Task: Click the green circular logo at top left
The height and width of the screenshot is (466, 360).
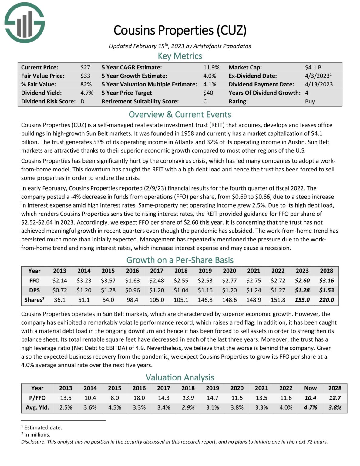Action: coord(24,22)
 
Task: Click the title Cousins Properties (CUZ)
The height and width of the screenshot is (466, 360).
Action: coord(180,30)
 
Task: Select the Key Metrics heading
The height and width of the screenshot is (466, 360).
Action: coord(180,56)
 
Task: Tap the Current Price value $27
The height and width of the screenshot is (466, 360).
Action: coord(85,67)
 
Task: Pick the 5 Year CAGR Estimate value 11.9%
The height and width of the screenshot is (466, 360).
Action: coord(211,67)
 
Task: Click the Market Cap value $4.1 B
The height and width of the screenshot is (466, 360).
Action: coord(313,67)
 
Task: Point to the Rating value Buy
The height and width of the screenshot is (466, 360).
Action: coord(310,101)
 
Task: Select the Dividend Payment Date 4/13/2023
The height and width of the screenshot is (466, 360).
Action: coord(319,84)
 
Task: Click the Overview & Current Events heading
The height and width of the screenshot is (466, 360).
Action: coord(180,115)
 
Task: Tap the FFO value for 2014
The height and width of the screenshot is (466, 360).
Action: coord(84,281)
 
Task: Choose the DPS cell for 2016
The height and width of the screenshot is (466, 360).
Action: coord(132,290)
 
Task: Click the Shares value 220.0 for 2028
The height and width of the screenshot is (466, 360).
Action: coord(326,300)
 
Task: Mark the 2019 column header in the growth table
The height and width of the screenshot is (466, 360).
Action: coord(205,271)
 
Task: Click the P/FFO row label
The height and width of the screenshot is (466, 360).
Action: coord(37,398)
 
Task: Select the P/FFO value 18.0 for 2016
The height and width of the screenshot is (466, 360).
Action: coord(139,398)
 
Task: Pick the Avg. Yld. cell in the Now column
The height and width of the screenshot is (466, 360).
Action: coord(310,407)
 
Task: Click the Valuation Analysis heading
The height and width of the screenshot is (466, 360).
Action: coord(180,377)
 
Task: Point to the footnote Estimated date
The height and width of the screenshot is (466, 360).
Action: coord(43,427)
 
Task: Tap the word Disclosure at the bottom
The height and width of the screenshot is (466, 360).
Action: coord(33,442)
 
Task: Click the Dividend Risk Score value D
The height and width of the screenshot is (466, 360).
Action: coord(82,101)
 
